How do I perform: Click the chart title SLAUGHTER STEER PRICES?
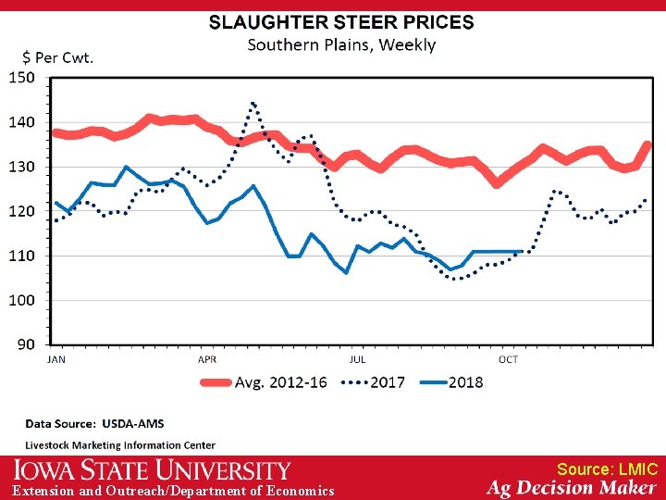point(341,22)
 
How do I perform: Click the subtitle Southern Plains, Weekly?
point(342,44)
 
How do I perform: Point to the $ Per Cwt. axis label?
point(52,58)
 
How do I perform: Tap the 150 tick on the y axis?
point(21,78)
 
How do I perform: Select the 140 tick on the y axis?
point(21,122)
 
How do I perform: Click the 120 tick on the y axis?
point(21,211)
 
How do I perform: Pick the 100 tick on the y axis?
point(21,300)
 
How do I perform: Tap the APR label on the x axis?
point(207,359)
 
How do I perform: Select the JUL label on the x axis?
point(357,359)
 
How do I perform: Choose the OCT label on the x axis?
point(508,359)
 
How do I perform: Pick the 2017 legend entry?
point(386,382)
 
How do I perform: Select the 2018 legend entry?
point(465,382)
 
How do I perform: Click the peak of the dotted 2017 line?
point(253,103)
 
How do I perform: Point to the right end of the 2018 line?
point(524,251)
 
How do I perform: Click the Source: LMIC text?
point(607,469)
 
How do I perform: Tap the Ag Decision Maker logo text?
point(572,488)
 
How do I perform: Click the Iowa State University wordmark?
point(152,470)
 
